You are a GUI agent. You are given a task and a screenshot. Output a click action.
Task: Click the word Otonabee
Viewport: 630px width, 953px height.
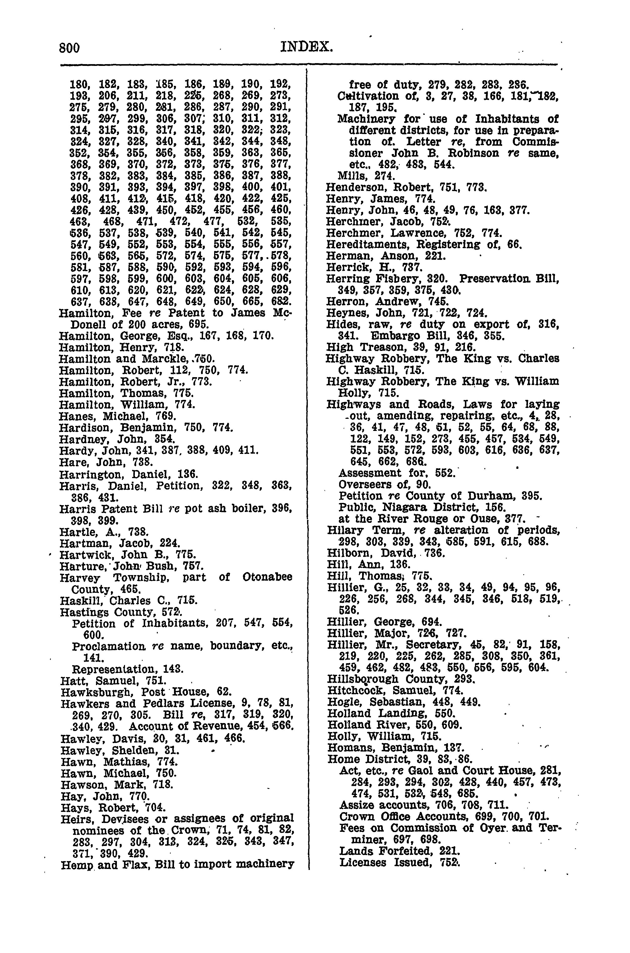coord(267,578)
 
